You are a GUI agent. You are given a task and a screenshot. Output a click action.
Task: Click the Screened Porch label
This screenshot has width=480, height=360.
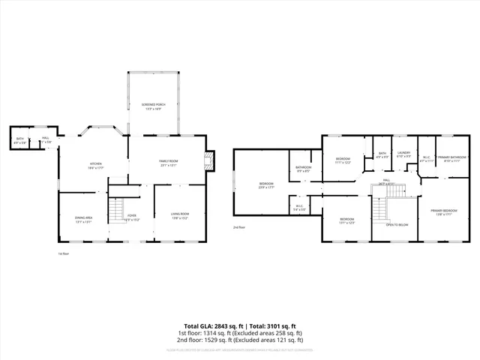pos(154,106)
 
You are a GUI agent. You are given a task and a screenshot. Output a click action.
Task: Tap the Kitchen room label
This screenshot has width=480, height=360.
pos(96,165)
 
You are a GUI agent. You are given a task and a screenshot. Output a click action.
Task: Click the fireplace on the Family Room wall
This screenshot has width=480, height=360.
pos(210,159)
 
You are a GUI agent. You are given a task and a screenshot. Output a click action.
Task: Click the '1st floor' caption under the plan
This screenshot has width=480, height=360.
pos(64,253)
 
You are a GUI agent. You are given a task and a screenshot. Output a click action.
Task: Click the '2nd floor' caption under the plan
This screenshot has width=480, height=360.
pos(239,226)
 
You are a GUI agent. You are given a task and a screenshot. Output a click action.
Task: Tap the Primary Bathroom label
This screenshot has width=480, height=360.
pos(451,159)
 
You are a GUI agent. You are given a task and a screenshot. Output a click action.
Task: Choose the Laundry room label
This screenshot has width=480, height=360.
pos(403,154)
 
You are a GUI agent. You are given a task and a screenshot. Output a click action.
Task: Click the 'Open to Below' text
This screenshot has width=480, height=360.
pos(396,225)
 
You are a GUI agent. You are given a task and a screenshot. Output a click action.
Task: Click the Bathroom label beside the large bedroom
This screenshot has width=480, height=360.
pos(303,169)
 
